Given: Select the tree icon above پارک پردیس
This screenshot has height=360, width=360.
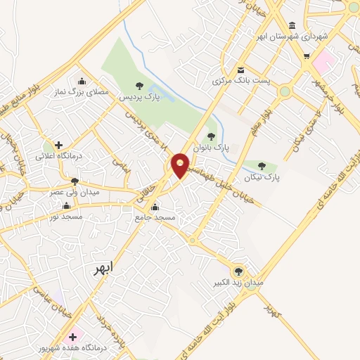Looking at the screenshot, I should [139, 85].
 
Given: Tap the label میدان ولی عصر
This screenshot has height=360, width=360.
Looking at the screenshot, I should [75, 191].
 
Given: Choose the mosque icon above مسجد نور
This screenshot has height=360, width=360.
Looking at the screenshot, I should [67, 206].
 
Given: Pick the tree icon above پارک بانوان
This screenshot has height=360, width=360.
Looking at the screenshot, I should [211, 136].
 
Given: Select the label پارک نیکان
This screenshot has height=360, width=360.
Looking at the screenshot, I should [264, 178].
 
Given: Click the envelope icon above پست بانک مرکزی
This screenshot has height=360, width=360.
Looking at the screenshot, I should [241, 70].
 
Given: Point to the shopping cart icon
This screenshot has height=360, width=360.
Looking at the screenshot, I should [307, 55].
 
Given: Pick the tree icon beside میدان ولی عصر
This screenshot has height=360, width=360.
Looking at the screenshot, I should [75, 181].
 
